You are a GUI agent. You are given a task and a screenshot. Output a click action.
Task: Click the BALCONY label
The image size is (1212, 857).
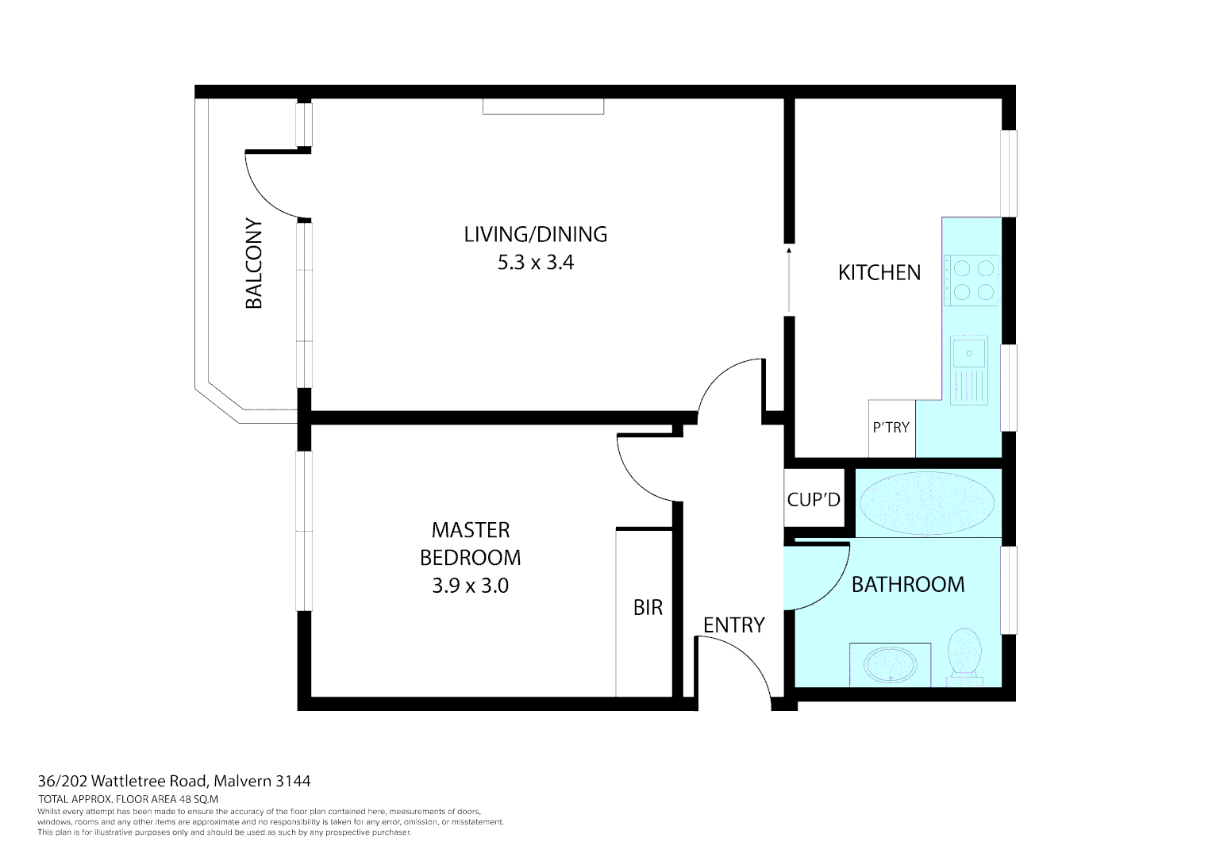tap(254, 263)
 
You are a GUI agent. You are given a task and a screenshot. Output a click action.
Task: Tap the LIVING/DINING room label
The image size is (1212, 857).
tap(535, 234)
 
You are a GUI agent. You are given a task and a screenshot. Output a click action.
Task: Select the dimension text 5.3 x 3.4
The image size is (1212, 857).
tap(535, 263)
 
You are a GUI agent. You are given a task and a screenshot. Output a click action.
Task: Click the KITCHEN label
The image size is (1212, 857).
tap(879, 273)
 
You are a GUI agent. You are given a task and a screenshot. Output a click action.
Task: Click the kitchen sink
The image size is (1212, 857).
tap(970, 352)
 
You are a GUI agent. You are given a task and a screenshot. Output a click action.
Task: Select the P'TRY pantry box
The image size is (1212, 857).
tap(891, 428)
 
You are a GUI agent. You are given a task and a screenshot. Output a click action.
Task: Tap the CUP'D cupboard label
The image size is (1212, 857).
tap(814, 500)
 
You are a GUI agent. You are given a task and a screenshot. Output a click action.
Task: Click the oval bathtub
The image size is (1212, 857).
tap(927, 502)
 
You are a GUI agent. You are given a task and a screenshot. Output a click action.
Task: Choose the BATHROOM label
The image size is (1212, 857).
tap(908, 585)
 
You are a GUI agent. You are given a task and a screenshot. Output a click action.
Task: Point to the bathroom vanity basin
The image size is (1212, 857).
tap(890, 664)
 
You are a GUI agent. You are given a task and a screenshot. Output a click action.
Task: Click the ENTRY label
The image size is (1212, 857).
tap(733, 625)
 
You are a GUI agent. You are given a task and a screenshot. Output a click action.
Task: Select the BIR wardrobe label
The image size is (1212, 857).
tap(648, 608)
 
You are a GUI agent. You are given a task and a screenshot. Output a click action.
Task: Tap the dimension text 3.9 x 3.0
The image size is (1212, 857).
tap(470, 586)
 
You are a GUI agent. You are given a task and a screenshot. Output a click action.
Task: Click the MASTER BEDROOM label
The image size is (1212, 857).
tap(470, 544)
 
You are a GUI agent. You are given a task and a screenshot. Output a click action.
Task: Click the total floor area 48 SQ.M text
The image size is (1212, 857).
tap(128, 799)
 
